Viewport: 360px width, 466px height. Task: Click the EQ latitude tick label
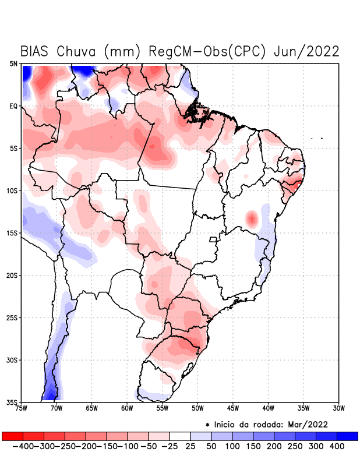(14, 106)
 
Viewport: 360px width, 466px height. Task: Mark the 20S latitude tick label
(12, 276)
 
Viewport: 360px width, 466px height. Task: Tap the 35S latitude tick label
(12, 403)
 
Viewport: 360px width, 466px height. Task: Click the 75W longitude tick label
(21, 408)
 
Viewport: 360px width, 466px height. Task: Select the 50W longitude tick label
(197, 408)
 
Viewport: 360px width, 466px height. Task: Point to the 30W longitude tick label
(339, 408)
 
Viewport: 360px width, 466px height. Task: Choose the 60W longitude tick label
(127, 408)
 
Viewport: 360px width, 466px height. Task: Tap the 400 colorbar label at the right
(337, 446)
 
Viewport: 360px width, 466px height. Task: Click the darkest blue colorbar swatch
(347, 436)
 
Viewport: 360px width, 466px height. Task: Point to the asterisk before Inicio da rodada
(207, 425)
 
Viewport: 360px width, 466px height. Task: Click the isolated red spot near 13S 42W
(252, 219)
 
